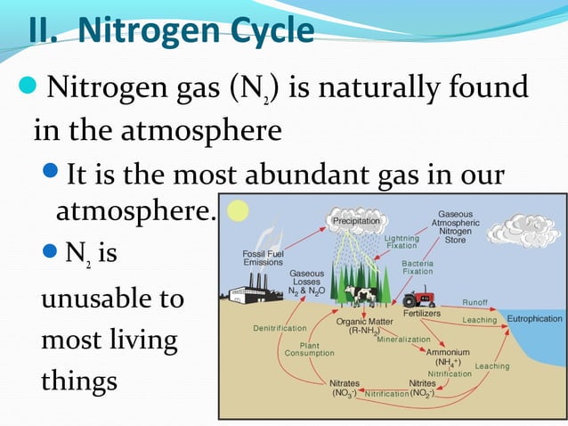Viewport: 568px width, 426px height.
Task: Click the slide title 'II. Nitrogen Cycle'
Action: tap(170, 29)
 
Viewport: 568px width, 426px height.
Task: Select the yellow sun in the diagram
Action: tap(238, 211)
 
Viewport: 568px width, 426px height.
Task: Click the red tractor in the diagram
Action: tap(417, 298)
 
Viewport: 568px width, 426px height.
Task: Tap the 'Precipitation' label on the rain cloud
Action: tap(355, 220)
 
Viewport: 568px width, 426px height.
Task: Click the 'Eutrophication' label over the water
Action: tap(534, 318)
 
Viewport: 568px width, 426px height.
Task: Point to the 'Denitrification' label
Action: tap(280, 328)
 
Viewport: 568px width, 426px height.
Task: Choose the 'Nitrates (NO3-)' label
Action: tap(344, 388)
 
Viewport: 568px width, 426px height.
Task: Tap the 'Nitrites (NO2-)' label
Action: tap(422, 388)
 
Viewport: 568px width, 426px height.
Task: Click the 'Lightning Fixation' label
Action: tap(400, 242)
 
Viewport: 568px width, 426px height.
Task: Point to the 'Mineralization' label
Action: tap(403, 339)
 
